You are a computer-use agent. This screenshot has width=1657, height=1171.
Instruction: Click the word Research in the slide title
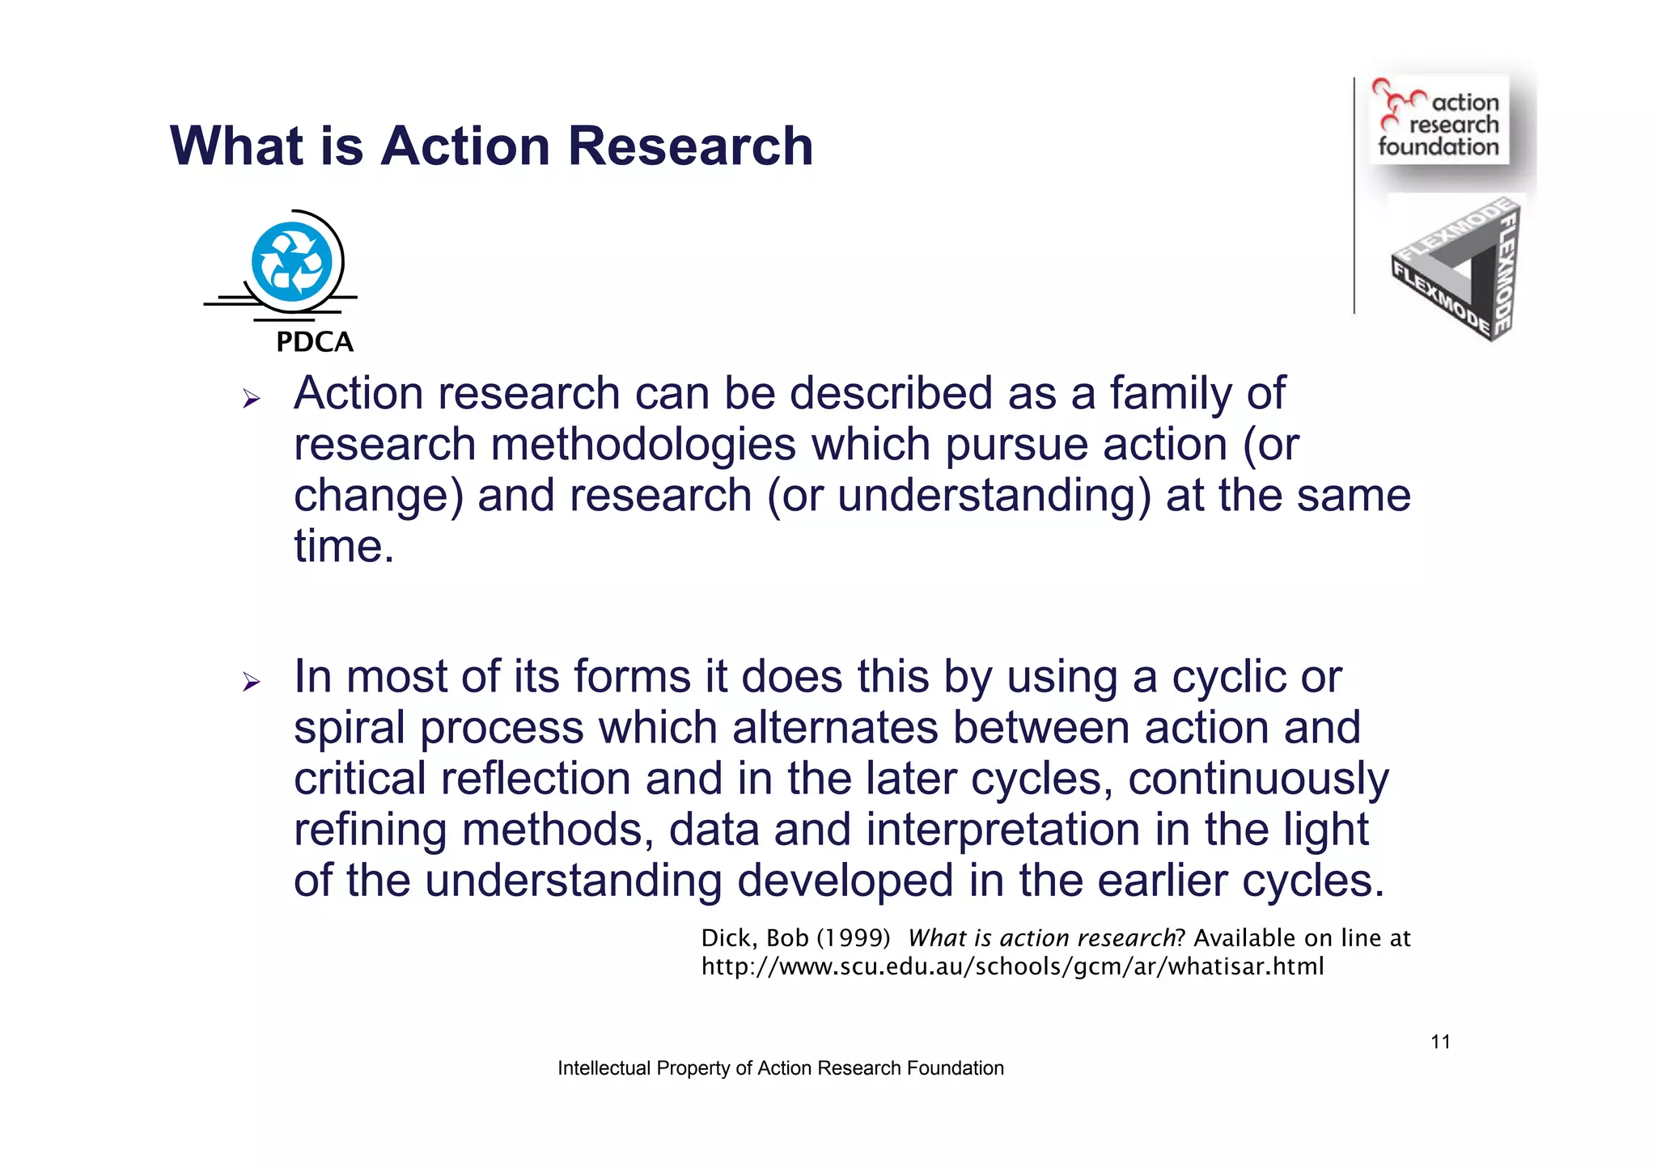click(x=690, y=146)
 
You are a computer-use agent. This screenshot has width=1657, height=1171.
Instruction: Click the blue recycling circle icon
click(x=291, y=263)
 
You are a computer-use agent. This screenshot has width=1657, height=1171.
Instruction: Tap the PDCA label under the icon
click(x=315, y=342)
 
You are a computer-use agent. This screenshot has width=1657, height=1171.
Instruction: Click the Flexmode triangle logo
click(x=1456, y=269)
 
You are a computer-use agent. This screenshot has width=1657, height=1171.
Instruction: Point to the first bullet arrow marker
click(x=251, y=399)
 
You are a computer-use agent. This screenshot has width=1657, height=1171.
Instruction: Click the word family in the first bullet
click(x=1170, y=394)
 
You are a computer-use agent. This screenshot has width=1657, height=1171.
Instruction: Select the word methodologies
click(x=643, y=445)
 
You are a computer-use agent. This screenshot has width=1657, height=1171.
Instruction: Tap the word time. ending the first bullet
click(x=344, y=547)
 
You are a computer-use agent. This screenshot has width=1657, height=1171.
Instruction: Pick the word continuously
click(x=1258, y=779)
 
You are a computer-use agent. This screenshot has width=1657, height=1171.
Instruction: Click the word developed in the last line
click(x=845, y=881)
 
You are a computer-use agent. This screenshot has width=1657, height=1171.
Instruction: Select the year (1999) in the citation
click(x=854, y=938)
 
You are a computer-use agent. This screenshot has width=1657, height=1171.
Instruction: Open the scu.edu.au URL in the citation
click(x=1012, y=966)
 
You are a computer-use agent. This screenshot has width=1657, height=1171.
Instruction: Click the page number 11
click(x=1440, y=1042)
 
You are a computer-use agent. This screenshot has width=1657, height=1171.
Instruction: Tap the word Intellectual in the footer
click(x=604, y=1068)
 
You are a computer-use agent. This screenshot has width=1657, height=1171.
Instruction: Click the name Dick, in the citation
click(x=730, y=938)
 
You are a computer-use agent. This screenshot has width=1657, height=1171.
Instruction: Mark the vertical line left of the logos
click(x=1354, y=194)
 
